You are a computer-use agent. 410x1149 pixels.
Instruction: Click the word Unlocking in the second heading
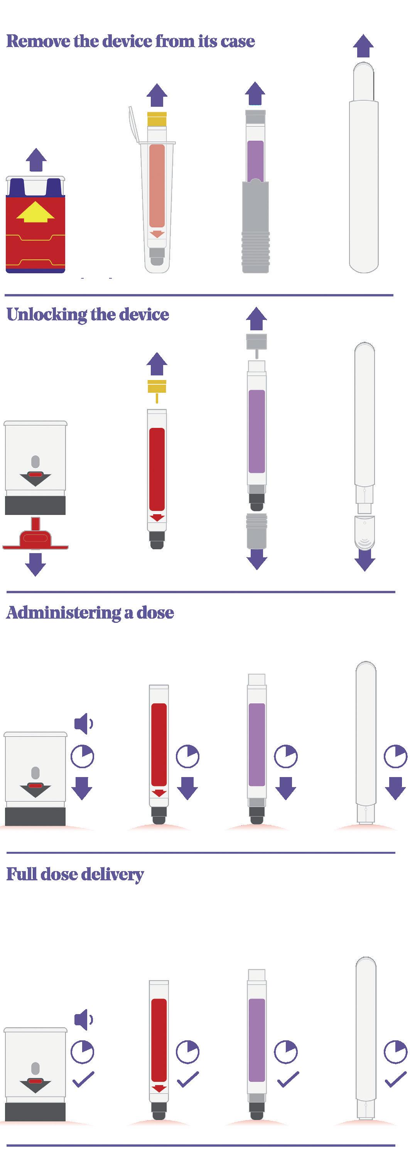(47, 315)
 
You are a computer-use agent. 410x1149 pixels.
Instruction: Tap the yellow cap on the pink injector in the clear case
(157, 119)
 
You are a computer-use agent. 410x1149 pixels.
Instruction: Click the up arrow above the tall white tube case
(363, 45)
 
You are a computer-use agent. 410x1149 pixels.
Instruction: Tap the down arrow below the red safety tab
(36, 565)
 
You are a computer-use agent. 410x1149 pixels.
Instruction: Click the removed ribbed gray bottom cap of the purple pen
(257, 531)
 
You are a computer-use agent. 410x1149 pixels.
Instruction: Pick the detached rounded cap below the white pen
(364, 533)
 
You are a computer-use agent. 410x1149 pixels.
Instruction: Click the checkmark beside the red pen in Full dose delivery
(188, 1079)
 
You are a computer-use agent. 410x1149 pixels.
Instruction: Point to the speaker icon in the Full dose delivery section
(83, 1019)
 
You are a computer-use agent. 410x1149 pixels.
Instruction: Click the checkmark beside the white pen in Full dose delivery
(396, 1079)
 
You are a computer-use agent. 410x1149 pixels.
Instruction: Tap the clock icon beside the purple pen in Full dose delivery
(285, 1053)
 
